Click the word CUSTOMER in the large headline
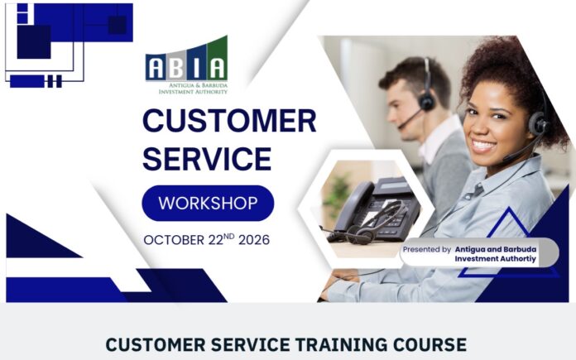tap(229, 121)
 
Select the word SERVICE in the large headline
tap(207, 158)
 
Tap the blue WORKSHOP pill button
tap(208, 203)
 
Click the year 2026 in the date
tap(254, 240)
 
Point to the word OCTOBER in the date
tap(174, 240)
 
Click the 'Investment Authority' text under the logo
tap(193, 92)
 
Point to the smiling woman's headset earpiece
tap(539, 124)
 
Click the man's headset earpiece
tap(427, 101)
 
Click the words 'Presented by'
tap(427, 249)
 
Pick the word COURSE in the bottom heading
tap(430, 345)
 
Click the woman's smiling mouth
tap(482, 146)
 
